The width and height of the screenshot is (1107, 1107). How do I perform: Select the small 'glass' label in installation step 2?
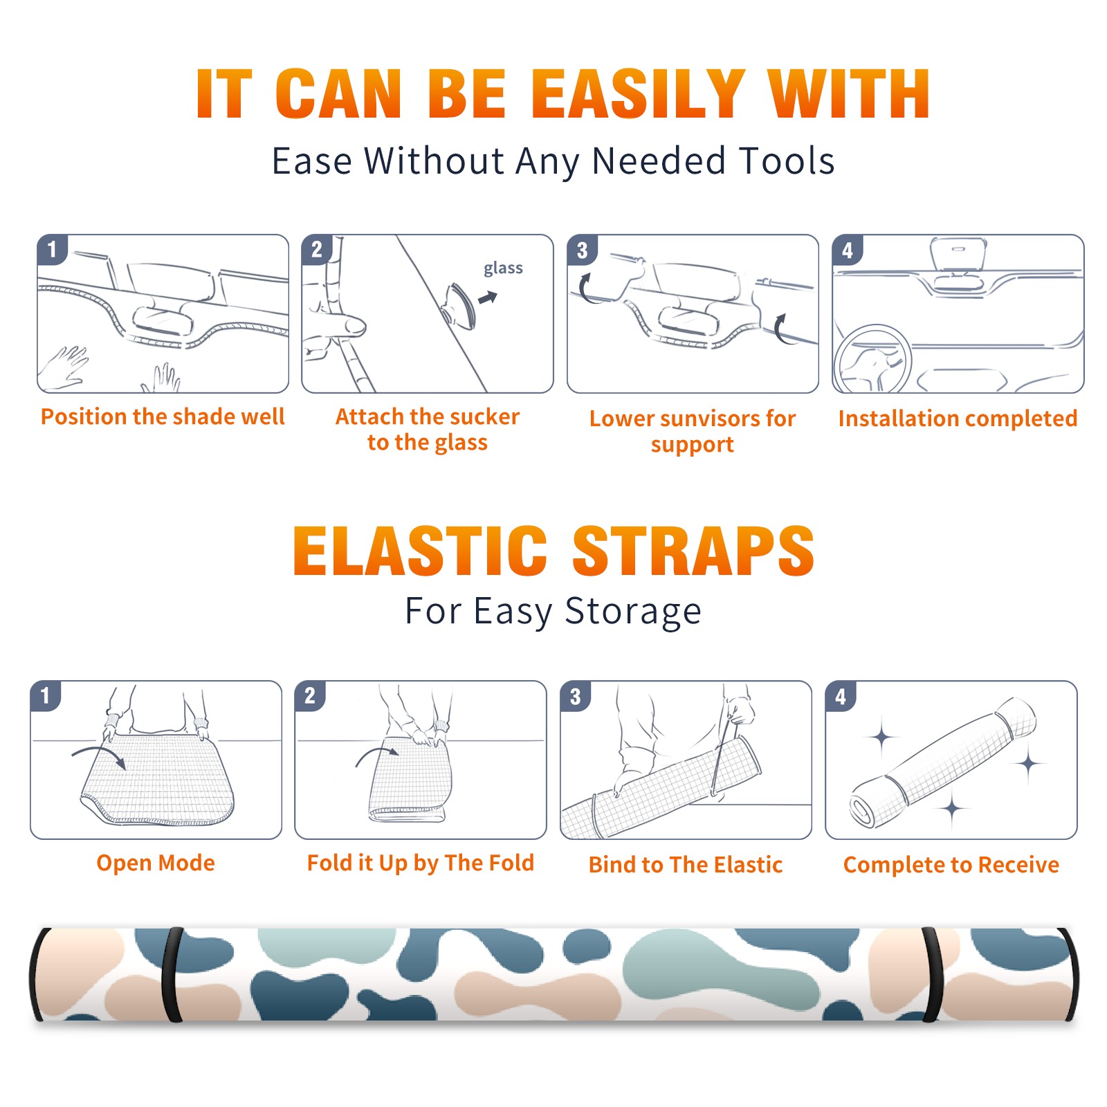[x=503, y=268]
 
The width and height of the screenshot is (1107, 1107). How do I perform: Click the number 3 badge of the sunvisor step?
[x=582, y=250]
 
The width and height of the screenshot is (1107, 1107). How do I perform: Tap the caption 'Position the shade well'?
[x=163, y=417]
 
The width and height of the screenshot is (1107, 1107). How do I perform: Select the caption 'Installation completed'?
[x=958, y=419]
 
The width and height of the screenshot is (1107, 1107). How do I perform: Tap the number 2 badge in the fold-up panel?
[x=310, y=695]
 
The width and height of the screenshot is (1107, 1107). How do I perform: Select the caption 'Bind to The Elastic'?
[x=685, y=865]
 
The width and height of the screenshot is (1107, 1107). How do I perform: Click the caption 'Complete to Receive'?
[x=951, y=865]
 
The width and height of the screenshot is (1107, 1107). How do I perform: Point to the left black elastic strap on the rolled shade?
[x=172, y=975]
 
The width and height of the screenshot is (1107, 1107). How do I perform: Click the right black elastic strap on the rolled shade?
[x=932, y=975]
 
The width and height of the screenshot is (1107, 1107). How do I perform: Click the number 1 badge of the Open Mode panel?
[x=46, y=695]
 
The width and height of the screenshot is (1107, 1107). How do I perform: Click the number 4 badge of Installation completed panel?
[x=848, y=250]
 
